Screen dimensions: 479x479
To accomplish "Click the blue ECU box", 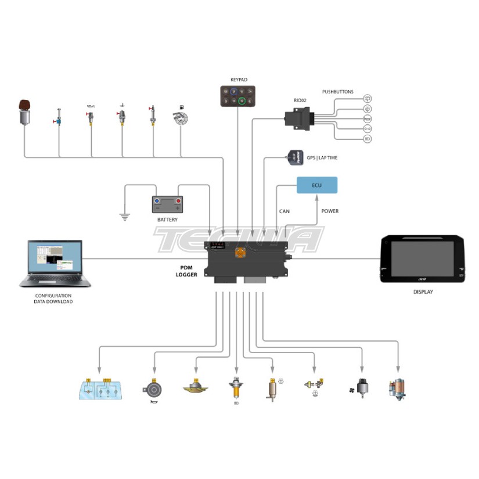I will coord(316,185).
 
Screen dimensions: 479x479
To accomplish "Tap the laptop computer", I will coord(55,264).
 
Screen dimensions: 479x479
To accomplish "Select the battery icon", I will coord(167,204).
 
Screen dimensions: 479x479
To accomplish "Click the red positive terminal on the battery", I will coord(178,201).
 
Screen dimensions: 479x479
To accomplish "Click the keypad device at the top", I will coord(236,95).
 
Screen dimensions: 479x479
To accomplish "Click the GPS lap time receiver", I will coord(294,156).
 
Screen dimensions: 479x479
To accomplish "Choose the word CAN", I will coord(284,211).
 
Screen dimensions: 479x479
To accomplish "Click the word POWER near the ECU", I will coord(330,211).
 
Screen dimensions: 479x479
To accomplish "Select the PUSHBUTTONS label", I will coord(338,92).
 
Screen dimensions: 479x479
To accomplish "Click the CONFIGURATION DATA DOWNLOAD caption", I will coord(53,298).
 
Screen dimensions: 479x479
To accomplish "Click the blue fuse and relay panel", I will coord(100,390).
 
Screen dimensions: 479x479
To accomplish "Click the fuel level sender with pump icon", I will coord(181,120).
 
